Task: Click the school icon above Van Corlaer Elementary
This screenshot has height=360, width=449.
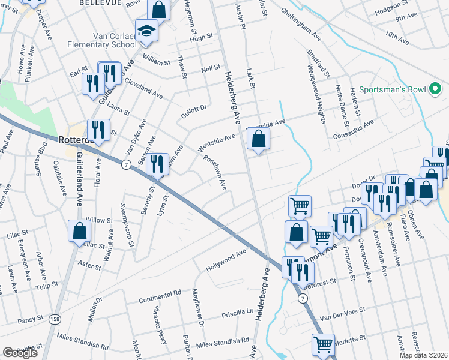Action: tap(146, 30)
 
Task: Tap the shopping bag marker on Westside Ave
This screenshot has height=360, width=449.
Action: tap(258, 140)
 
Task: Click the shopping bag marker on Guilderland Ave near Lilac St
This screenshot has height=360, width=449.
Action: tap(79, 232)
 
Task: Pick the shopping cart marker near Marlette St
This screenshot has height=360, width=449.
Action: tap(323, 344)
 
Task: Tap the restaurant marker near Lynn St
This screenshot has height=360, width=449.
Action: tap(157, 163)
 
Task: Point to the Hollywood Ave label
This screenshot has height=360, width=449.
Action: tap(226, 260)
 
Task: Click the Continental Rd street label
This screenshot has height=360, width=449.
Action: tap(160, 297)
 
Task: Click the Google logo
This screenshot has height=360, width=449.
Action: tap(20, 353)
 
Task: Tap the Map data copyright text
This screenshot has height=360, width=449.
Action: tap(423, 355)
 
